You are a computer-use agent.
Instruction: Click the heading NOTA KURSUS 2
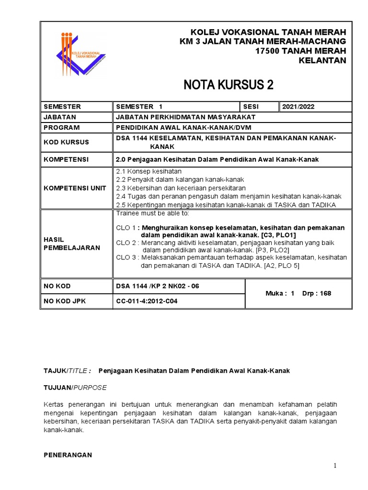pos(229,85)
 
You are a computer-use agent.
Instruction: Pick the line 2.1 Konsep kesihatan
pos(149,171)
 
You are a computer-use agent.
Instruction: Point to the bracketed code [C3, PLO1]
pos(279,235)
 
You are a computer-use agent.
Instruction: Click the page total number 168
pos(326,293)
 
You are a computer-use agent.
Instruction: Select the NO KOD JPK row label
pos(64,302)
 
